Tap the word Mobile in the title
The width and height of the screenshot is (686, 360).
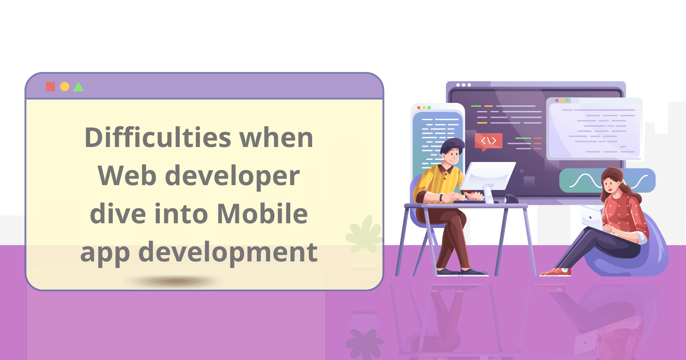click(262, 214)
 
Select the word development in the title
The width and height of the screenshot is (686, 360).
click(228, 252)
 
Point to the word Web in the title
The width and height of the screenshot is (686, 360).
click(126, 176)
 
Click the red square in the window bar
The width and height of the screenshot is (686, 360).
click(51, 87)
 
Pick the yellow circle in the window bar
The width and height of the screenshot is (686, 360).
click(65, 87)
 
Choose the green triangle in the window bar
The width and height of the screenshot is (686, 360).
click(78, 87)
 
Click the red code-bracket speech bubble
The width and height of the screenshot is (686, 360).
click(488, 141)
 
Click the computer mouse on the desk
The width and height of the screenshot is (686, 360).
click(511, 199)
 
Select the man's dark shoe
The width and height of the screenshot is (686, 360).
click(474, 272)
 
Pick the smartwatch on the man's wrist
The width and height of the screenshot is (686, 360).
click(441, 197)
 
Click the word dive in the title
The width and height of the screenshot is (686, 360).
click(115, 214)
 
